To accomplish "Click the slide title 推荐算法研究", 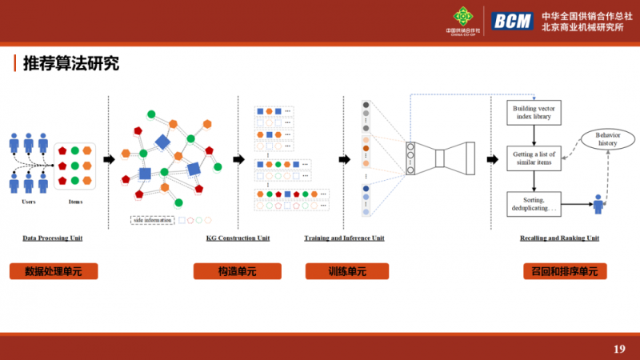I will [x=71, y=64].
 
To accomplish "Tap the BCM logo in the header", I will [x=511, y=21].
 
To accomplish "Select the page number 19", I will [x=618, y=348].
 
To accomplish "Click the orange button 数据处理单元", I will [x=53, y=271].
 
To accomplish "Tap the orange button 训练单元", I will [x=346, y=271].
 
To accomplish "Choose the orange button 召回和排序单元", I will [x=559, y=271].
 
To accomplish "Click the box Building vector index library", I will [x=537, y=112].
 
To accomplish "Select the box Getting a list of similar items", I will [x=537, y=158].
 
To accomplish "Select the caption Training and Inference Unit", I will [x=344, y=238].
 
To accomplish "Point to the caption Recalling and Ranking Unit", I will [x=559, y=238].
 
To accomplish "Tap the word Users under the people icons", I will [x=29, y=202].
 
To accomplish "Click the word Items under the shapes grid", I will [x=75, y=202].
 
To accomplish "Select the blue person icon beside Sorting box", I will [x=598, y=205].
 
